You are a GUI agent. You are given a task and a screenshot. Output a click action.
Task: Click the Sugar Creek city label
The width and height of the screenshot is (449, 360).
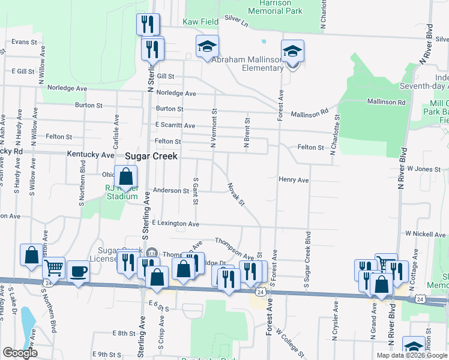click(x=151, y=155)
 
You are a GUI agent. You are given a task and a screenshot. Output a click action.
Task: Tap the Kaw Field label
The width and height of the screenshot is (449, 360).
click(x=201, y=22)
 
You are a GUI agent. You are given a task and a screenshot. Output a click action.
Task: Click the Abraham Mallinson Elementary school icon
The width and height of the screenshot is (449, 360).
click(x=292, y=52)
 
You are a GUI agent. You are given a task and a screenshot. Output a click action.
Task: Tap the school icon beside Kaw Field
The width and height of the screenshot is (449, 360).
click(x=207, y=46)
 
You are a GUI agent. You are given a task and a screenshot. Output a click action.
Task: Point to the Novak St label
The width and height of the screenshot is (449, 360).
click(x=236, y=194)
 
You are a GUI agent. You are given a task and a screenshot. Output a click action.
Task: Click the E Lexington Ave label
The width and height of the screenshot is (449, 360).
click(x=175, y=224)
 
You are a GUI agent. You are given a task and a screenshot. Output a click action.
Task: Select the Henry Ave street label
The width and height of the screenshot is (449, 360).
click(x=294, y=180)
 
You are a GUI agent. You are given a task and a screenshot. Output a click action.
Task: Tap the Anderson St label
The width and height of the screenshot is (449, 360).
click(x=171, y=191)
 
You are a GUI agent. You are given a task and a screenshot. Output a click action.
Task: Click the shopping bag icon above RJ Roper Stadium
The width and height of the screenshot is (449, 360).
click(x=125, y=177)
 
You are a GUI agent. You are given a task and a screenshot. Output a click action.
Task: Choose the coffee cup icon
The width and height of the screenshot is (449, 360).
click(x=78, y=272)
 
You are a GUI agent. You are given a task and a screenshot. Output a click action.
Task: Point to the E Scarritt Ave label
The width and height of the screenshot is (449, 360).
click(x=175, y=125)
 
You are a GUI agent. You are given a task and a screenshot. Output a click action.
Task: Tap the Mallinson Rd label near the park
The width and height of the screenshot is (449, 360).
click(x=387, y=102)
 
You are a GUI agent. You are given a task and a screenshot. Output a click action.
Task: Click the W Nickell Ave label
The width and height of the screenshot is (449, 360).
click(x=426, y=233)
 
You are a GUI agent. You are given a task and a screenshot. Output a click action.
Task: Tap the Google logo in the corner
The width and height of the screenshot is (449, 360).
click(x=19, y=353)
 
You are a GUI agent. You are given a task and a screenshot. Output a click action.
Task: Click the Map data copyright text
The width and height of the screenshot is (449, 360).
click(x=412, y=355)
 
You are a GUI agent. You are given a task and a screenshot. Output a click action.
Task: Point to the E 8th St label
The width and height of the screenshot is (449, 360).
click(x=124, y=332)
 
